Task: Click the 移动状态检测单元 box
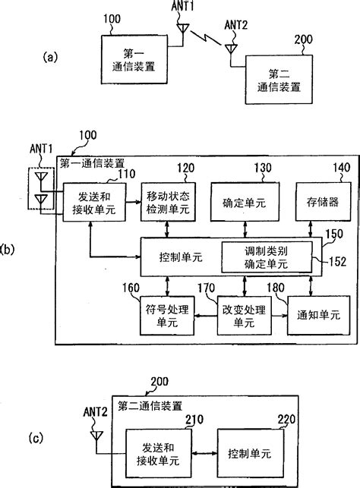pos(163,202)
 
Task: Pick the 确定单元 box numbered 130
pos(244,202)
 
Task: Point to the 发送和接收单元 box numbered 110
pos(88,202)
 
